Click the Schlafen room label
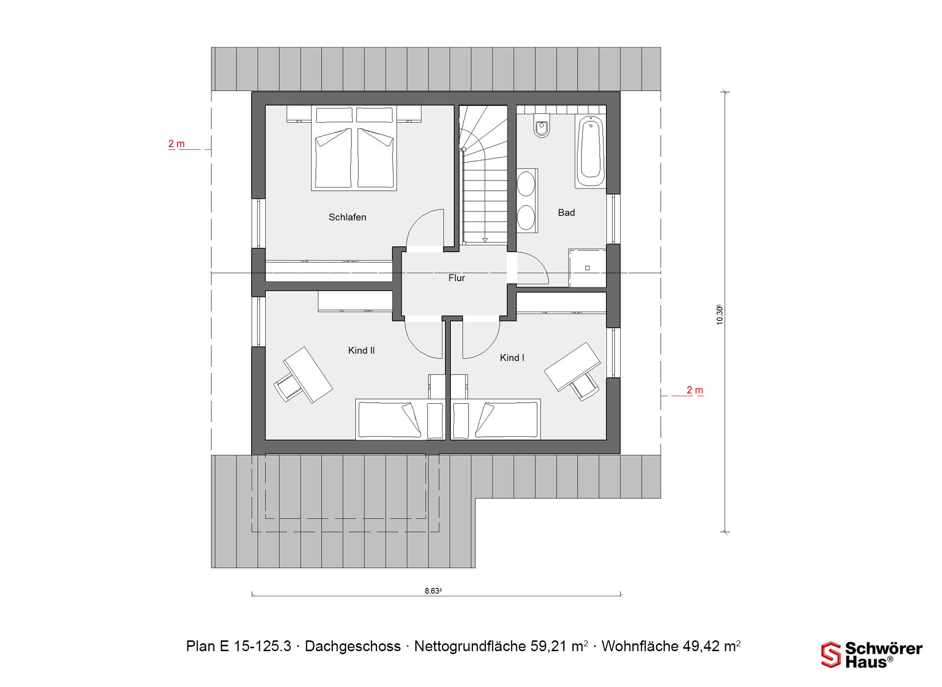(x=347, y=217)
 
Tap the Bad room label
(x=566, y=212)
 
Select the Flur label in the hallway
(x=456, y=278)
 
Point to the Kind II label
(x=361, y=350)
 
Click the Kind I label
(x=512, y=358)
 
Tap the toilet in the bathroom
(x=542, y=126)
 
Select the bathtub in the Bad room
(x=590, y=151)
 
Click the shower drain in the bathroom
(x=587, y=268)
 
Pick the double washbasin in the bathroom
(x=527, y=200)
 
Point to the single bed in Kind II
(x=400, y=419)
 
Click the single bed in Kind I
(x=496, y=419)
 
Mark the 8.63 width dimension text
(x=433, y=591)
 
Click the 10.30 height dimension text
(x=719, y=315)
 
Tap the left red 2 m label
(x=177, y=144)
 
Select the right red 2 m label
(x=695, y=390)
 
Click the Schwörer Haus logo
(x=872, y=655)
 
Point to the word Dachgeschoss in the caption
(x=353, y=646)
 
